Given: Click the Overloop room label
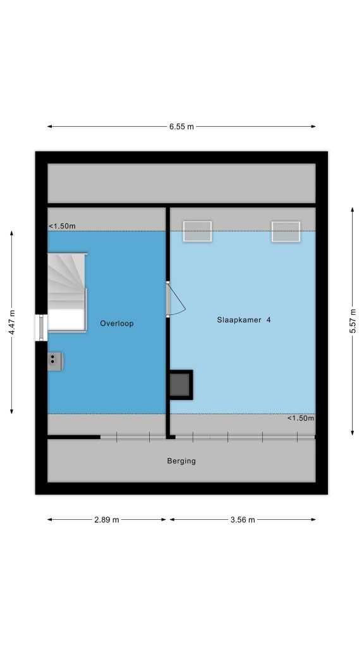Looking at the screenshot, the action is (x=117, y=324).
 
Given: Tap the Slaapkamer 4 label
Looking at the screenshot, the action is (x=244, y=320).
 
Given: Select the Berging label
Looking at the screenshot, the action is (x=181, y=461).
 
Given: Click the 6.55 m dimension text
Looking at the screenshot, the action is (x=181, y=126).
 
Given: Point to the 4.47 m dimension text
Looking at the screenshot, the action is (x=12, y=322).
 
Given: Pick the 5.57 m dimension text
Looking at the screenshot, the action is (x=353, y=320).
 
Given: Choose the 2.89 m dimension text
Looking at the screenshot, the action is (x=106, y=520).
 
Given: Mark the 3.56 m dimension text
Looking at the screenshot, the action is (x=243, y=520).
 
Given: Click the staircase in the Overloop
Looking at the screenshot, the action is (x=67, y=292).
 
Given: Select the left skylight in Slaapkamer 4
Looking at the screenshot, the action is (x=197, y=231).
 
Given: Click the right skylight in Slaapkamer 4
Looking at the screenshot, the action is (x=286, y=231).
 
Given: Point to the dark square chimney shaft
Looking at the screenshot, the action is (x=181, y=385).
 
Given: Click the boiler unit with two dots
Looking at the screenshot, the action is (x=56, y=361).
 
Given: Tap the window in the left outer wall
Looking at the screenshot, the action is (x=41, y=328).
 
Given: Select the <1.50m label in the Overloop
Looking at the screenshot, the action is (x=63, y=226).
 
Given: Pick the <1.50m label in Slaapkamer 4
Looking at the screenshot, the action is (x=300, y=418).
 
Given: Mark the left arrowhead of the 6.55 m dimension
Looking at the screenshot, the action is (x=49, y=126).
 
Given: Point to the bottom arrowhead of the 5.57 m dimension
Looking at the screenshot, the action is (x=353, y=433).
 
